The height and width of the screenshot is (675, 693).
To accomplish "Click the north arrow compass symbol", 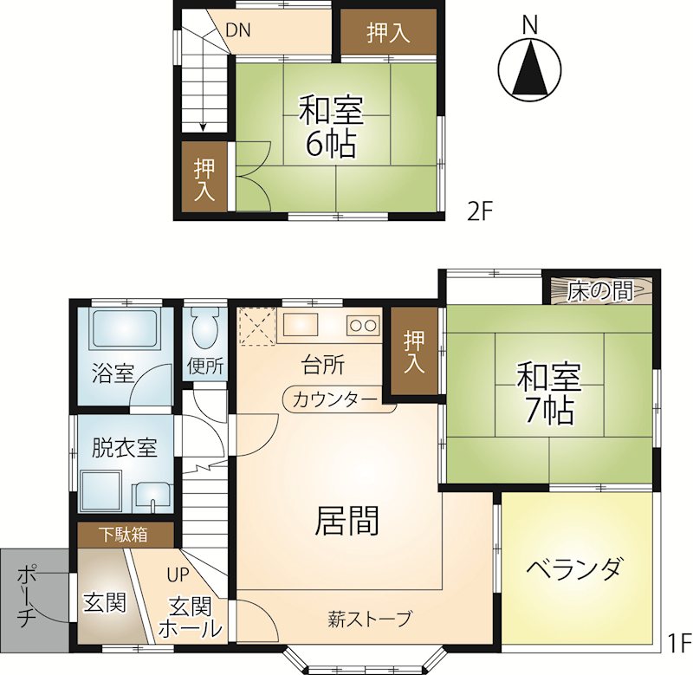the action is click(529, 71).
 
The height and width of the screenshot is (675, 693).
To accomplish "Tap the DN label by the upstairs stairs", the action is click(238, 30).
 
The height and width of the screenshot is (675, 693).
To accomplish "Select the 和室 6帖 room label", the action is click(331, 127).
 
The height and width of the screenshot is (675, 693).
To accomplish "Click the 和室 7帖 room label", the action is click(549, 393).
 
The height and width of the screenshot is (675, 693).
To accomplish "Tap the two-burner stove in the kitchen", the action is click(363, 326).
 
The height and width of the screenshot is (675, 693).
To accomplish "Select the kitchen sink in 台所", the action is click(300, 325).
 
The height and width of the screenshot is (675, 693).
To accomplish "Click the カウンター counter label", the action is click(335, 400).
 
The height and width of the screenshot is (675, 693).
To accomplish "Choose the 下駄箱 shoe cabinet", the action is click(126, 535).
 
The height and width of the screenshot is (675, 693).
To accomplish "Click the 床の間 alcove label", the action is click(600, 291).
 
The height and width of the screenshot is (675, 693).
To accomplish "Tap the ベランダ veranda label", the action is click(575, 568).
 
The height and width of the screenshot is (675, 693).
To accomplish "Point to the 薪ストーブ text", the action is click(370, 619).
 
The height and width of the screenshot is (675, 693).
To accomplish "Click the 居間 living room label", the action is click(347, 520).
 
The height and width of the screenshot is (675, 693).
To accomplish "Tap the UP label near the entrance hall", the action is click(178, 574).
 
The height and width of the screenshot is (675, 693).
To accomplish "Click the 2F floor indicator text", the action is click(480, 212).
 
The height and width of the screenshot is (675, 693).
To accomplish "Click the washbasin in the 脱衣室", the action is click(152, 495).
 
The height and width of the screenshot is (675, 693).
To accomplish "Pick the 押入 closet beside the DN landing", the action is click(388, 33).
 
